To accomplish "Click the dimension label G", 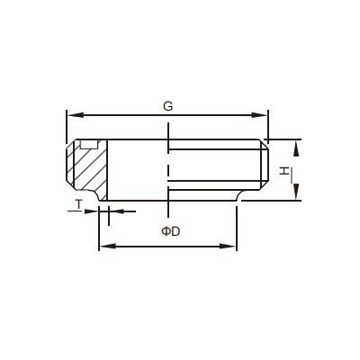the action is tap(168, 106).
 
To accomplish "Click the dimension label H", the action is tap(284, 171).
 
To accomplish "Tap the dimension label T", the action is tap(78, 204).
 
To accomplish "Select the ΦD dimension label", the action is tap(171, 231).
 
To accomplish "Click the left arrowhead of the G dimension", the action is tap(75, 115).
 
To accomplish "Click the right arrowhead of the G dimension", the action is tap(259, 115).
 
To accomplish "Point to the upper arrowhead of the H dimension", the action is tap(296, 148).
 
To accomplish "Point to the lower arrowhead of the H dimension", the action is tap(296, 192).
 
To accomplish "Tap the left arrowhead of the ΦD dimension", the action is tap(108, 247).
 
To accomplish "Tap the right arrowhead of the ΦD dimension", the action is tap(228, 247).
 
